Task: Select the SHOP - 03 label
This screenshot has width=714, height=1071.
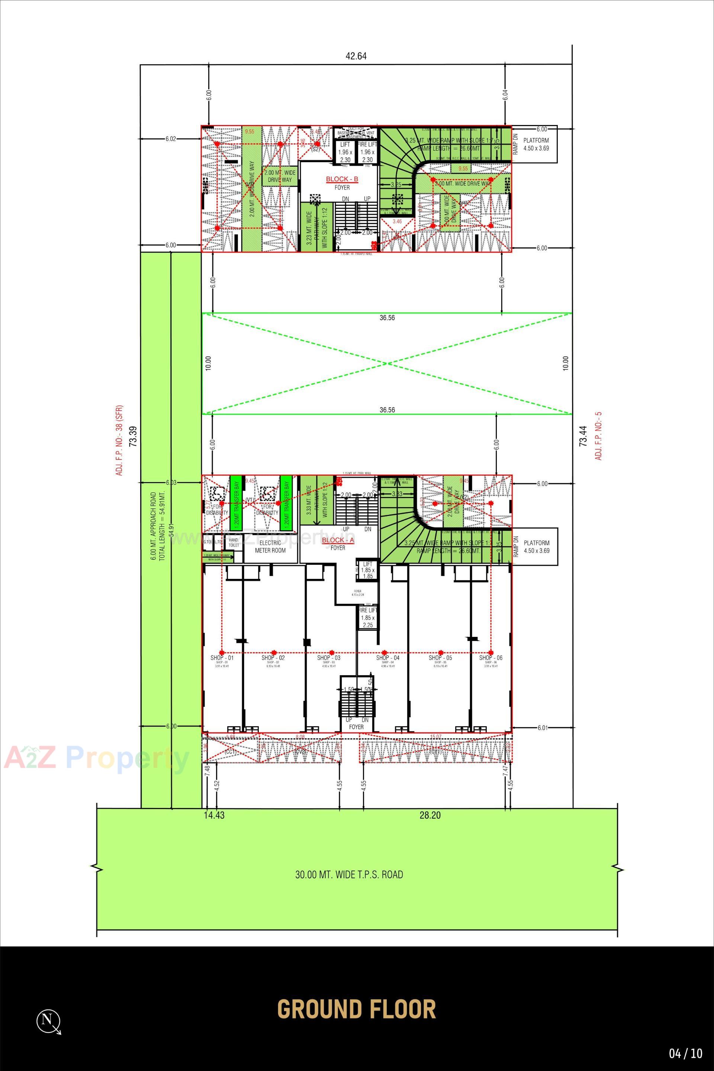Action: click(329, 658)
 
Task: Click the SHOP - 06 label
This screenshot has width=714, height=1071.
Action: click(491, 658)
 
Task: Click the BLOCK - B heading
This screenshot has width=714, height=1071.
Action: click(342, 179)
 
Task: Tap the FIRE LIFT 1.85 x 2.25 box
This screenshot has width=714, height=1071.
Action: click(367, 617)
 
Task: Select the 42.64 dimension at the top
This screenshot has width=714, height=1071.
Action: click(356, 57)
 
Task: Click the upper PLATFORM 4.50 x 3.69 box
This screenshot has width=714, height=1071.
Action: click(535, 144)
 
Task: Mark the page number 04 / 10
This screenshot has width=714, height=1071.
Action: click(685, 1054)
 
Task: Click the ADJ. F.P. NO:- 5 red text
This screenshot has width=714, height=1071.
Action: click(599, 436)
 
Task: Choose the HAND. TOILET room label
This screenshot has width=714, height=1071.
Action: click(234, 542)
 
